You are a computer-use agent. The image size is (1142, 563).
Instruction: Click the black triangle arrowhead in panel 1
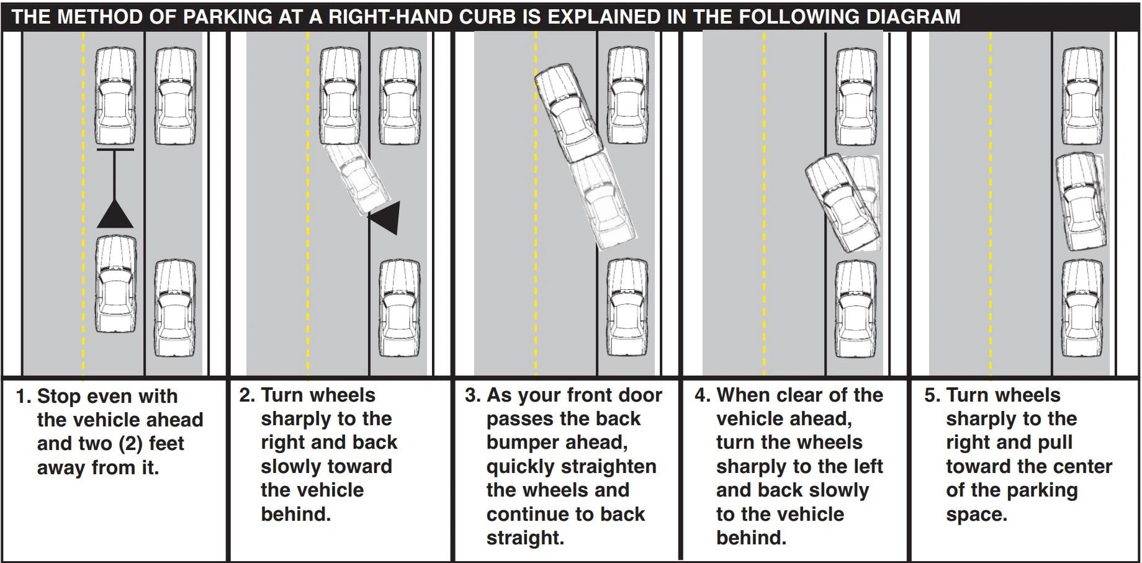coord(115,215)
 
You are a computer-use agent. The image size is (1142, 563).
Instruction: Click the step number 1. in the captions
coord(24,396)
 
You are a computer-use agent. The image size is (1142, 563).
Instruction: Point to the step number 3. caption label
coord(473,395)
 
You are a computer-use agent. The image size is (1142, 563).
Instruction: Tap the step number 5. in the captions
coord(933,395)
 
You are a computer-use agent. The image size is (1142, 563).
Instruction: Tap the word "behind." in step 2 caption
coord(295,514)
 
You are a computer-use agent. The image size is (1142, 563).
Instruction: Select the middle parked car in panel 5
coord(1081,202)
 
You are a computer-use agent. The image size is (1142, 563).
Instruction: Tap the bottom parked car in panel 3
coord(627,309)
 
